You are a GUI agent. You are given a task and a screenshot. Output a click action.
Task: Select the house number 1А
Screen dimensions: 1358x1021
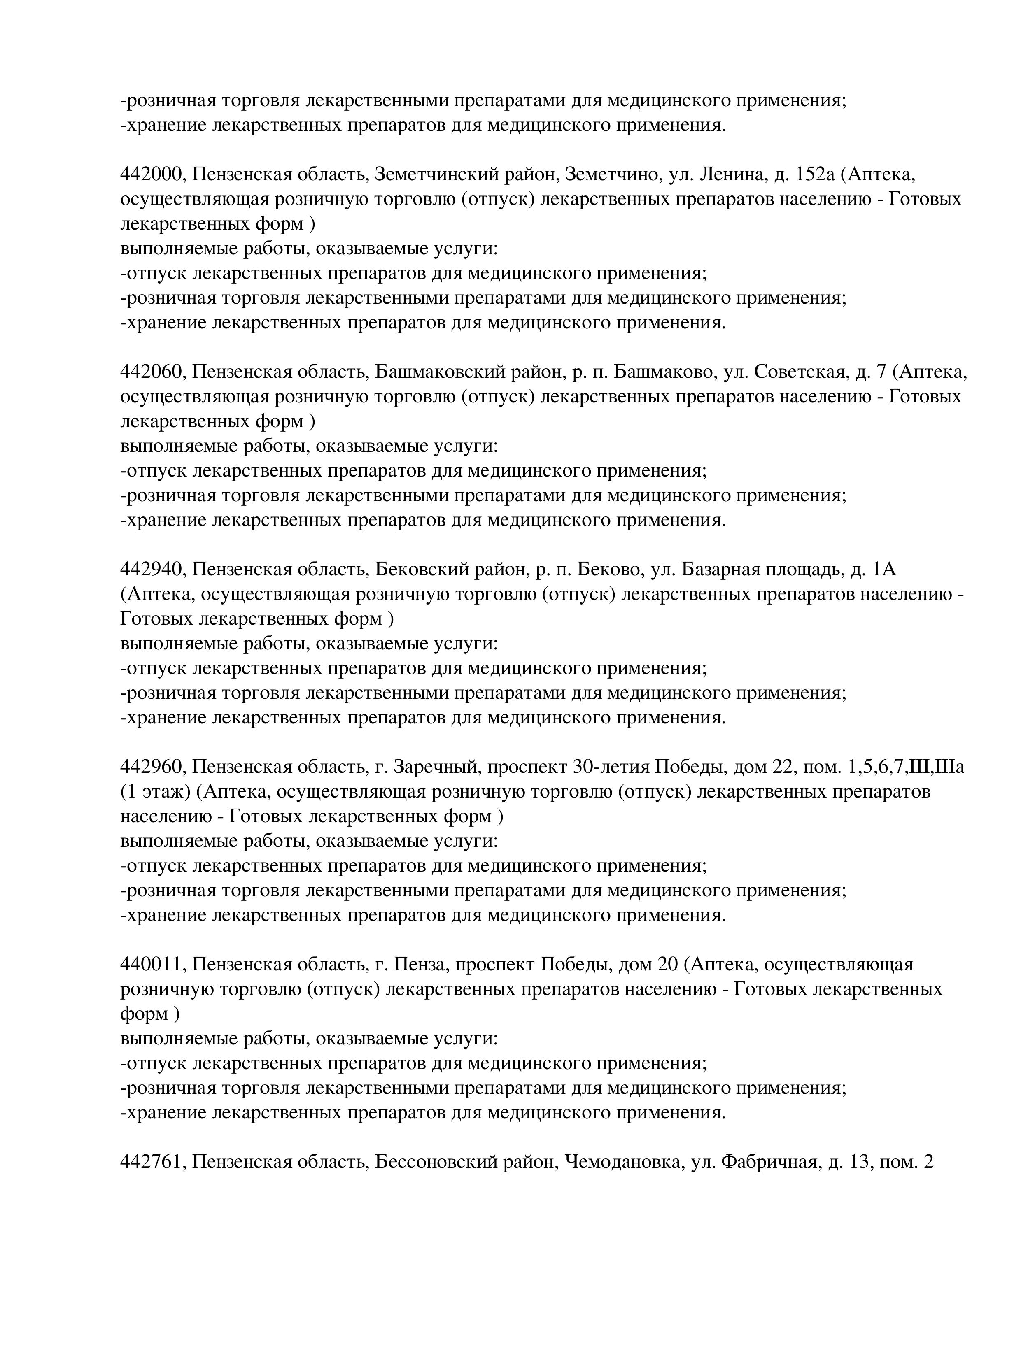coord(884,570)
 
